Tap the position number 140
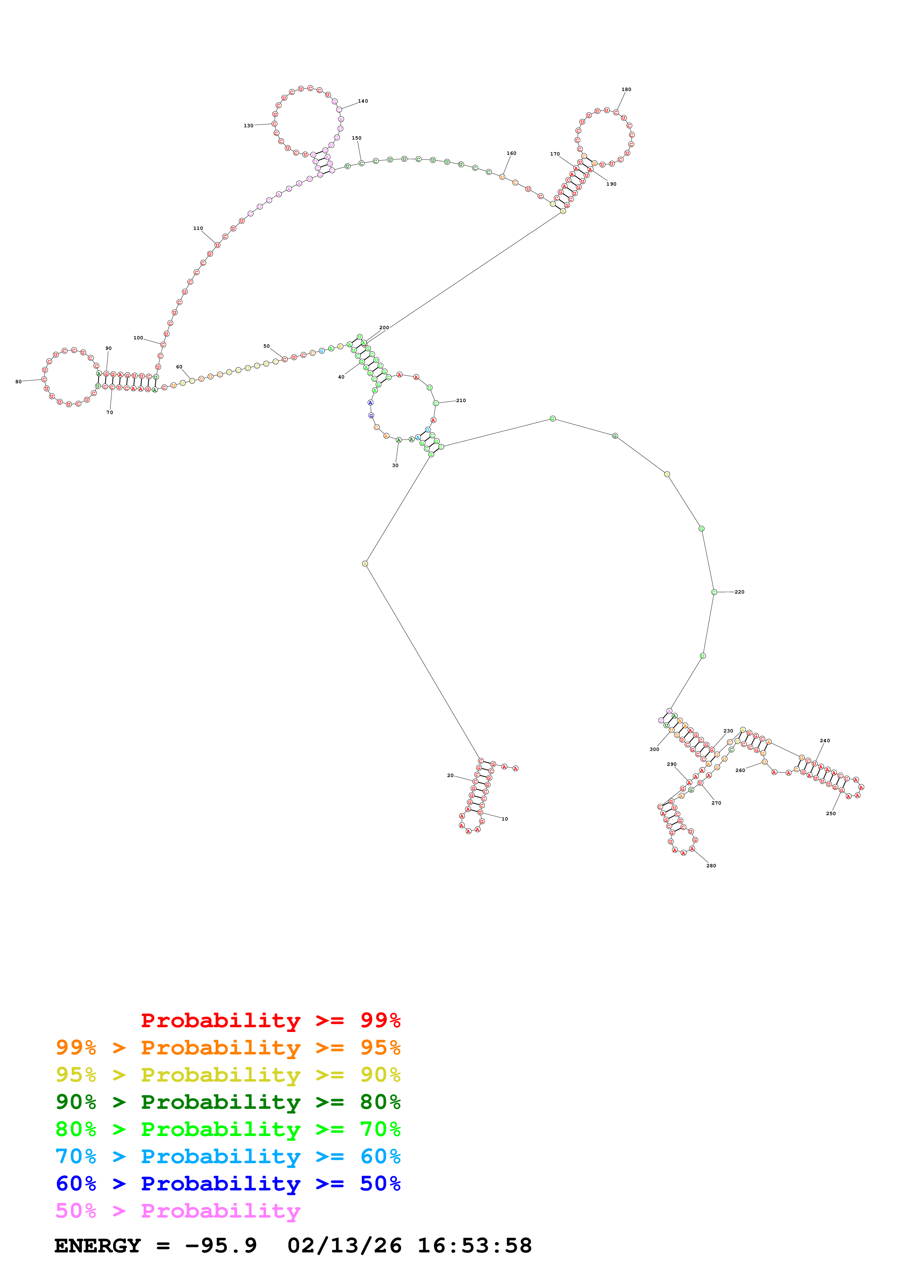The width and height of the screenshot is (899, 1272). [363, 101]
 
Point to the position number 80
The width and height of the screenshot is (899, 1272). [18, 382]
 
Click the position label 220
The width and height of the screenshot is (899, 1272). [739, 592]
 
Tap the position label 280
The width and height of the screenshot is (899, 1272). [711, 866]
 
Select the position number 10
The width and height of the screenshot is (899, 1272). [504, 819]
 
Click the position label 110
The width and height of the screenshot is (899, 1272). [198, 228]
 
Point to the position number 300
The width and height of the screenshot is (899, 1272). [654, 749]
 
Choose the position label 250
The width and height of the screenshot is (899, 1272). [831, 813]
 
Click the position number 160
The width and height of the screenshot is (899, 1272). [511, 153]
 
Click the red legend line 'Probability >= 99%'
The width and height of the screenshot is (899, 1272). [270, 1020]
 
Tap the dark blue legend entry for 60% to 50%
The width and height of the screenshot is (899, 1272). [228, 1184]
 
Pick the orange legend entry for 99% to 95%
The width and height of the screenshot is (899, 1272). [228, 1047]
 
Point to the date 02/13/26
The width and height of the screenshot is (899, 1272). [344, 1246]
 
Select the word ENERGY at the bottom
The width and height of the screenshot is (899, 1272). [98, 1246]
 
